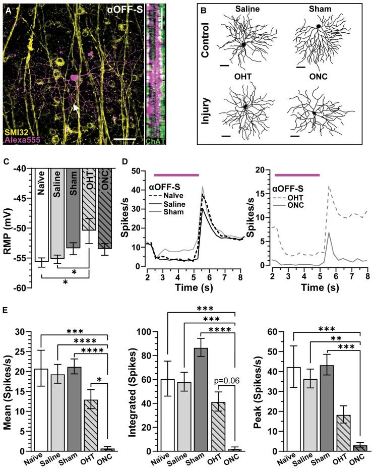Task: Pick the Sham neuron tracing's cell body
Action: point(319,26)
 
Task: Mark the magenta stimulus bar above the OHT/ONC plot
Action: point(297,174)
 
